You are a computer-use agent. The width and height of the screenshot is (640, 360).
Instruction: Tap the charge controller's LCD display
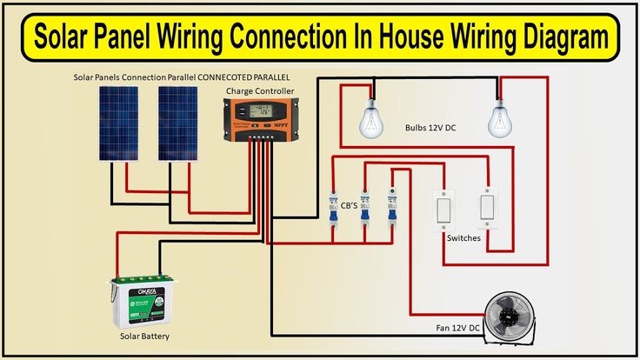click(x=258, y=111)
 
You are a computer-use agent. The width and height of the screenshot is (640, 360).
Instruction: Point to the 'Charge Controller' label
click(x=259, y=90)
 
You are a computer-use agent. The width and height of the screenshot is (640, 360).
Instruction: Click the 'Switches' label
click(x=463, y=237)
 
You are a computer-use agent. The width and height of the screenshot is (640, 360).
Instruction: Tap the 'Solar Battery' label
click(x=144, y=336)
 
